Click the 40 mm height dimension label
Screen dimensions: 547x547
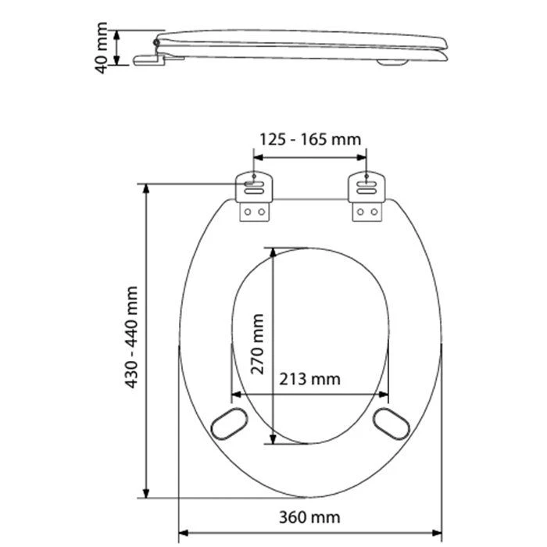click(101, 48)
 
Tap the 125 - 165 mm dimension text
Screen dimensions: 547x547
click(310, 140)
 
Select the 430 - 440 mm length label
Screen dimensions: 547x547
click(132, 337)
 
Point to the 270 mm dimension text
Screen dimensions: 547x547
click(257, 344)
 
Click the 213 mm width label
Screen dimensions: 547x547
click(309, 379)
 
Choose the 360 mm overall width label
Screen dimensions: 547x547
click(309, 517)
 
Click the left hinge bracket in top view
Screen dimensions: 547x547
click(254, 196)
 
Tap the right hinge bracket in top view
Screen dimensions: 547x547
click(366, 196)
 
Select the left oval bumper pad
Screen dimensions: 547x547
click(229, 424)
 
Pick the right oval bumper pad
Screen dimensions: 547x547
click(391, 424)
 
